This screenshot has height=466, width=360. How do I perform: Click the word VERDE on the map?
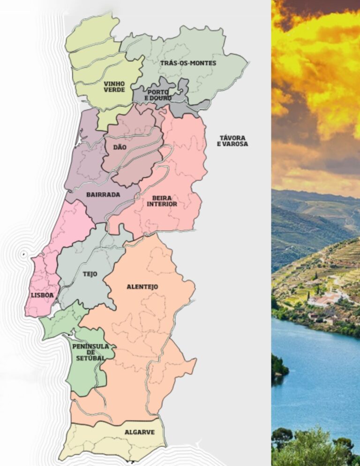pyautogui.click(x=114, y=90)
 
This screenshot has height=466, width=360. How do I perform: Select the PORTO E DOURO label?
pyautogui.click(x=157, y=95)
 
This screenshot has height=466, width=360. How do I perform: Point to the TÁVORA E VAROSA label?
pyautogui.click(x=232, y=141)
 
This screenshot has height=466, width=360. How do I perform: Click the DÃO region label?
pyautogui.click(x=120, y=147)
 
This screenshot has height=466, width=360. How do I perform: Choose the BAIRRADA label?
pyautogui.click(x=103, y=195)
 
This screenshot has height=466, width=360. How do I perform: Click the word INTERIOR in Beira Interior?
pyautogui.click(x=162, y=204)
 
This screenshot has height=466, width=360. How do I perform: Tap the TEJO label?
pyautogui.click(x=90, y=274)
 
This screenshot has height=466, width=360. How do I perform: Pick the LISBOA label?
pyautogui.click(x=42, y=295)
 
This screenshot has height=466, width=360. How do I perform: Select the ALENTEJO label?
pyautogui.click(x=142, y=286)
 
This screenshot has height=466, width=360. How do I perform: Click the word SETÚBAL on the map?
pyautogui.click(x=90, y=358)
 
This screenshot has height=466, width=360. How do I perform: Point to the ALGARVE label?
pyautogui.click(x=140, y=432)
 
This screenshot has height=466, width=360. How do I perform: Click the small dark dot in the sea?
pyautogui.click(x=22, y=254)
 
